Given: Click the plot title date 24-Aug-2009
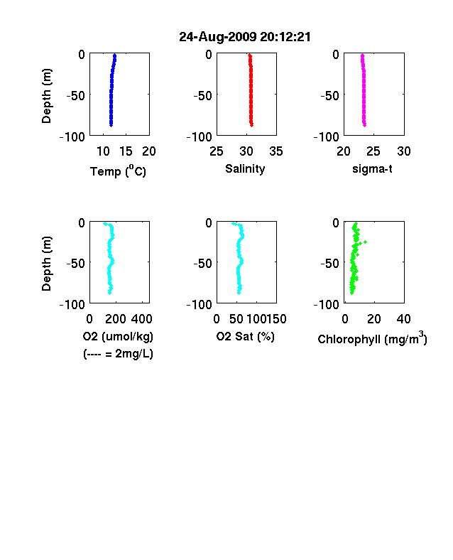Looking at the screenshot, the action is pyautogui.click(x=217, y=37).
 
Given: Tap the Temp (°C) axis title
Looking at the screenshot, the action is pyautogui.click(x=118, y=171).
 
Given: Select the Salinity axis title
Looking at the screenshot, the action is pyautogui.click(x=245, y=169).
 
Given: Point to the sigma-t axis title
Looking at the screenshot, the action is pyautogui.click(x=372, y=168).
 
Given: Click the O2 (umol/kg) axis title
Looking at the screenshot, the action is pyautogui.click(x=118, y=336).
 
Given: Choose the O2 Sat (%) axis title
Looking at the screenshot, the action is pyautogui.click(x=246, y=336).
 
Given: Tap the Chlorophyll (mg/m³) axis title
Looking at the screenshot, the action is pyautogui.click(x=372, y=338).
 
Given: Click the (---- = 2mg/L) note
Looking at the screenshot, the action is pyautogui.click(x=118, y=354).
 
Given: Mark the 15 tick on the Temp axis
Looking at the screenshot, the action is pyautogui.click(x=126, y=151).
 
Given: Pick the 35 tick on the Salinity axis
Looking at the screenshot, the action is pyautogui.click(x=276, y=151).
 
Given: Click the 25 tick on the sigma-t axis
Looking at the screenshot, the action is pyautogui.click(x=373, y=151).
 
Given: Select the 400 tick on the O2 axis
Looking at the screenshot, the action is pyautogui.click(x=142, y=319).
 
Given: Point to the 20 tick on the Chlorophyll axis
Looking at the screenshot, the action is pyautogui.click(x=373, y=319).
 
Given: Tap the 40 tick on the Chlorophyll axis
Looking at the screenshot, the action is pyautogui.click(x=403, y=319).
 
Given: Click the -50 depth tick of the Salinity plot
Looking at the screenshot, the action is pyautogui.click(x=203, y=96).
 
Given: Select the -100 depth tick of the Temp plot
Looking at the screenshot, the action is pyautogui.click(x=72, y=136).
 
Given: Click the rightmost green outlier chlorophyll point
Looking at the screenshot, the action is pyautogui.click(x=366, y=242).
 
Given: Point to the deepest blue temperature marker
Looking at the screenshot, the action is pyautogui.click(x=111, y=125).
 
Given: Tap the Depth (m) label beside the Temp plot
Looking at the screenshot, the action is pyautogui.click(x=46, y=96).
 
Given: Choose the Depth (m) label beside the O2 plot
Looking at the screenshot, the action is pyautogui.click(x=46, y=264).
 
